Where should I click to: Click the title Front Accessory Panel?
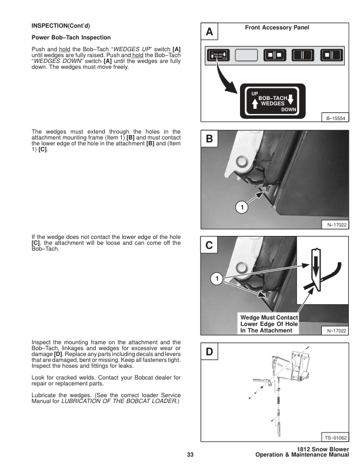[276, 28]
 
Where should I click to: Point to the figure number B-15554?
[336, 118]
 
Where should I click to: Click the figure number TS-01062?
[336, 438]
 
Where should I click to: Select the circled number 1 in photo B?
[241, 207]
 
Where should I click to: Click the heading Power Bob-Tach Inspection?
[71, 38]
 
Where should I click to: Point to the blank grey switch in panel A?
[248, 56]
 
